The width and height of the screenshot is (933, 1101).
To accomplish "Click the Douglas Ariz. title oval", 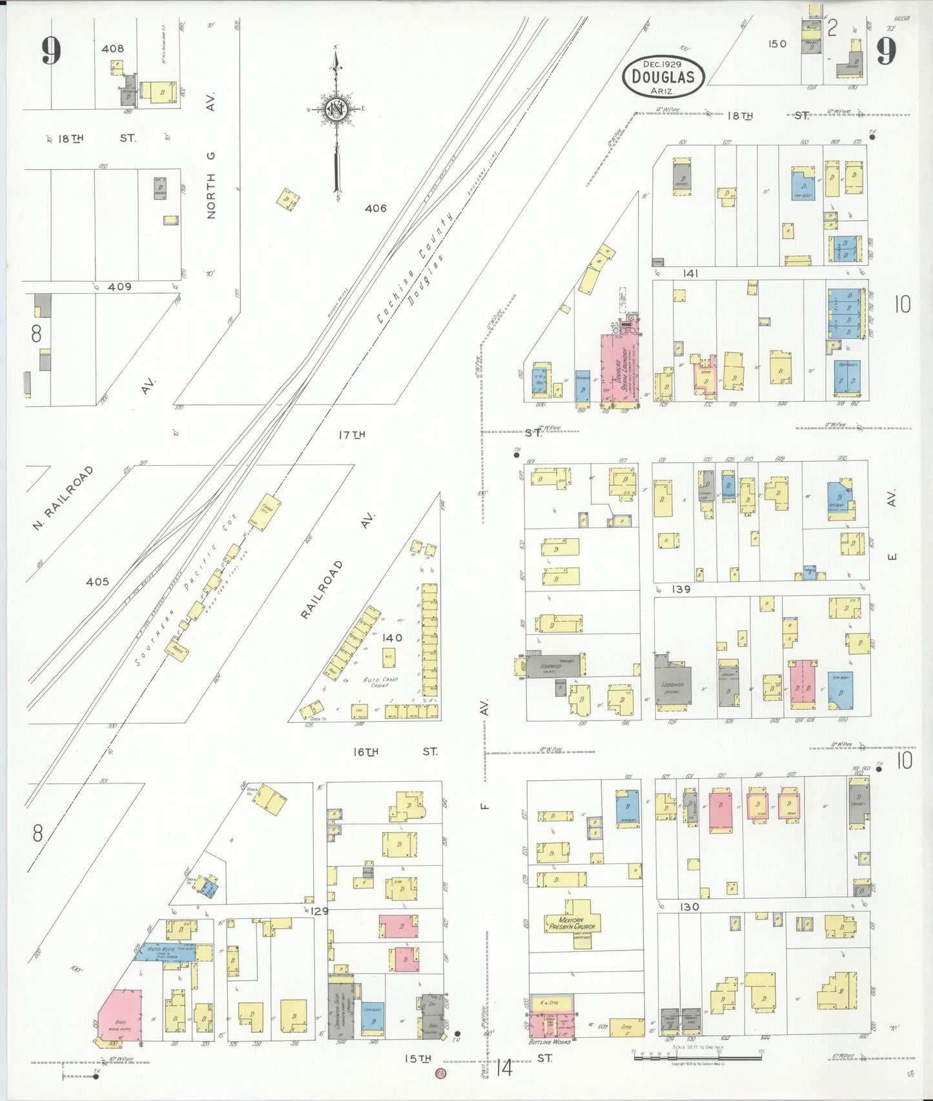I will tap(663, 76).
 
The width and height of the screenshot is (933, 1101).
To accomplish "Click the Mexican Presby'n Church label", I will tap(571, 923).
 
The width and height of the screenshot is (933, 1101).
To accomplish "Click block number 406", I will tap(375, 209).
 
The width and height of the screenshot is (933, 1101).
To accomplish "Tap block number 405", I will tap(97, 582).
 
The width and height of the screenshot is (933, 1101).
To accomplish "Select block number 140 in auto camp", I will tap(392, 638).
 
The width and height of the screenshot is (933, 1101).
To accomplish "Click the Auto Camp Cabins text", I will tap(380, 682).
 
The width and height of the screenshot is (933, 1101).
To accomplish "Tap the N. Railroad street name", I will tap(63, 498).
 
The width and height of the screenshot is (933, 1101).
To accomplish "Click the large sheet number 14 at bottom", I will tap(504, 1067).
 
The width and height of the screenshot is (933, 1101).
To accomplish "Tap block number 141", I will tap(690, 274).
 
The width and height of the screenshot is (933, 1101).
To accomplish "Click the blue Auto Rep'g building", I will tap(163, 951).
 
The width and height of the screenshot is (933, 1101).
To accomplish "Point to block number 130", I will tap(689, 907).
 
